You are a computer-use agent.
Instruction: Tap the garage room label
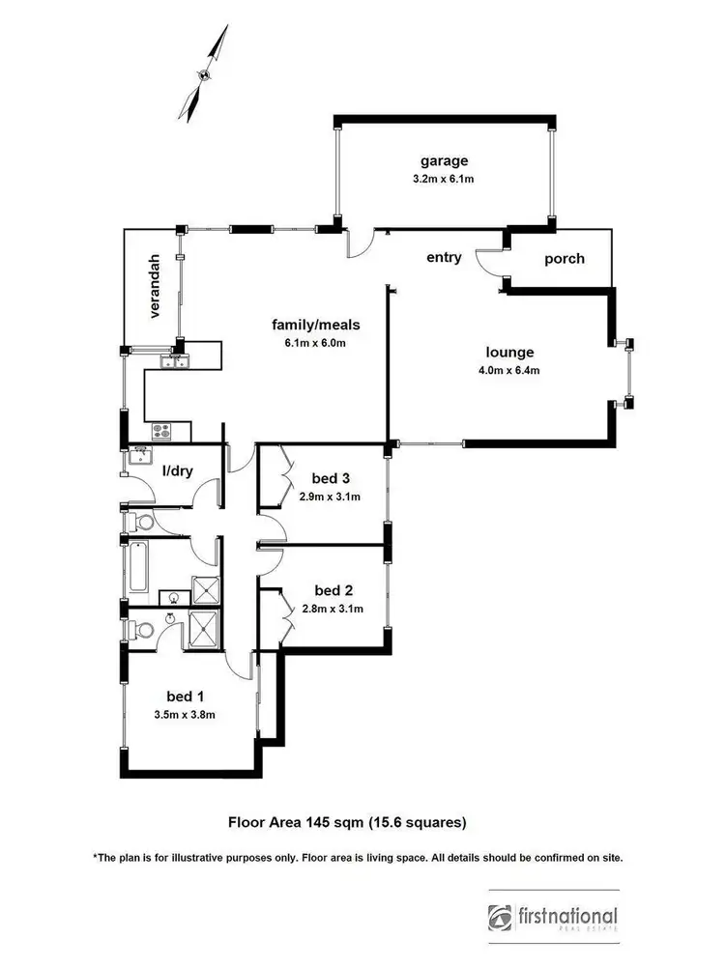[x=444, y=160]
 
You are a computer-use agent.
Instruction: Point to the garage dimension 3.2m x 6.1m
[x=444, y=179]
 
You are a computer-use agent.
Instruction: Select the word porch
[x=564, y=259]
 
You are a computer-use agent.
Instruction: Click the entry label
[x=444, y=258]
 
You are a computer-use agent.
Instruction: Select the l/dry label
[x=177, y=470]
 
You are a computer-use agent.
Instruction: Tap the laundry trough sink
[x=139, y=454]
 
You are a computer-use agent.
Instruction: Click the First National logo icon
[x=502, y=916]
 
